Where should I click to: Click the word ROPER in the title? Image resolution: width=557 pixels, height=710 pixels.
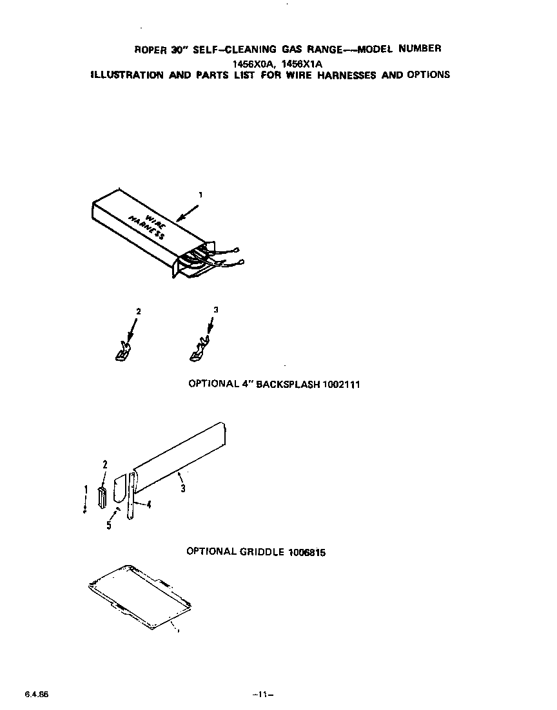pos(149,50)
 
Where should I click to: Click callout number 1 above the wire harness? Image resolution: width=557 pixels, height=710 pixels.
pos(200,194)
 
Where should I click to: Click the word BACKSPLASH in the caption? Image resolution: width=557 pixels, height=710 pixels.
pos(288,384)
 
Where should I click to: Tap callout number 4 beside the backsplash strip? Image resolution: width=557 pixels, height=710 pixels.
pos(149,505)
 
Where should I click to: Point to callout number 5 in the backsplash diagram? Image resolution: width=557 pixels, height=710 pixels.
pos(109,526)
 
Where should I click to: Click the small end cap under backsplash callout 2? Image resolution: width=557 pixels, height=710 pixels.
pos(102,497)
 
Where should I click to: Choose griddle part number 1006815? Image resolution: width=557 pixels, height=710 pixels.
pos(303,552)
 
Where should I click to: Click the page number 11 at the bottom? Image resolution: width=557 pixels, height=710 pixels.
pos(263,695)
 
